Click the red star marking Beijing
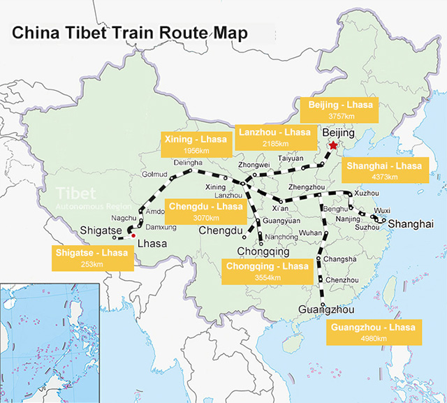[332, 145]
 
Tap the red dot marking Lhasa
[133, 235]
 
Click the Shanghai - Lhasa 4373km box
[384, 171]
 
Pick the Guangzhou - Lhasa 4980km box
[372, 332]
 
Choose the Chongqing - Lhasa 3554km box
[266, 272]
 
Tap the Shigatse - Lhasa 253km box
[91, 257]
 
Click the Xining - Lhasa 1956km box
[196, 145]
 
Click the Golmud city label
[155, 175]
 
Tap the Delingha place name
[188, 162]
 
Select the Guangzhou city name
[323, 309]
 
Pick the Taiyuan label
[291, 159]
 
